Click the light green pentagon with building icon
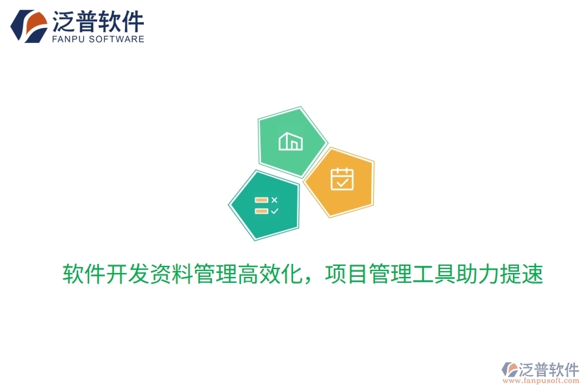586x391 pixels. point(291,141)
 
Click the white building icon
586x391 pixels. point(290,141)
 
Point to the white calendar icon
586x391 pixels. point(342,179)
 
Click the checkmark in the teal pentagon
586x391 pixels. point(274,210)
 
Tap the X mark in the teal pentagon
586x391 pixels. point(274,199)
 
